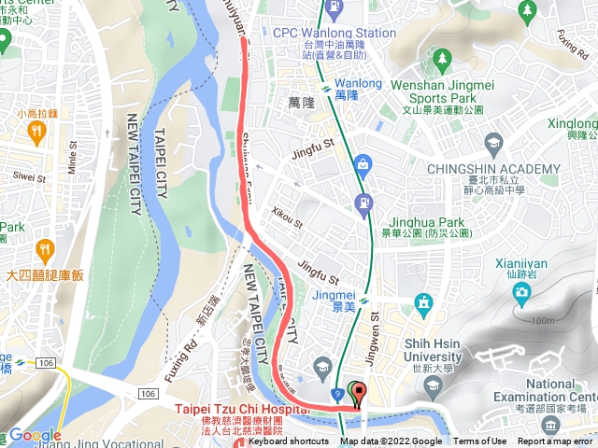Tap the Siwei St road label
click(x=30, y=176)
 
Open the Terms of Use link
click(x=479, y=441)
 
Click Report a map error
click(x=557, y=441)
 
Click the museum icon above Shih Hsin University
click(x=425, y=302)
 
